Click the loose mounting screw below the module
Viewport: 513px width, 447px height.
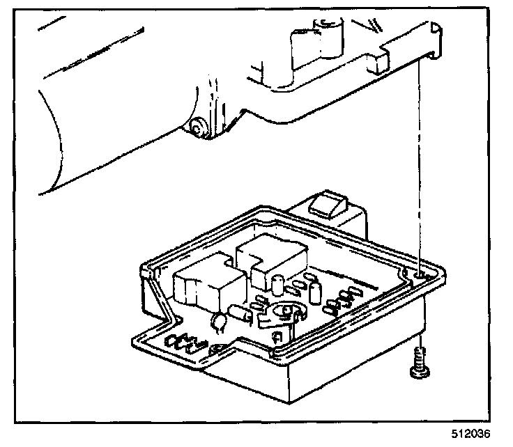click(x=418, y=365)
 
